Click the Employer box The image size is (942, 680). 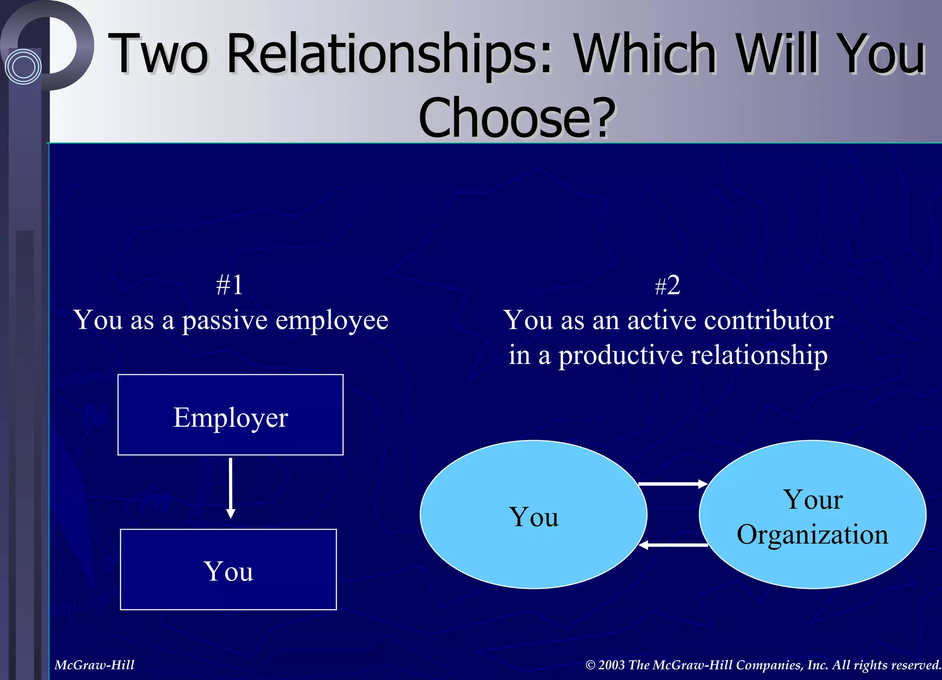click(230, 415)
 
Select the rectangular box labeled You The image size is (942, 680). click(228, 569)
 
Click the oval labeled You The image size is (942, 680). click(534, 514)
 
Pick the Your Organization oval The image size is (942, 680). click(812, 514)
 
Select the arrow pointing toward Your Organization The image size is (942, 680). click(672, 484)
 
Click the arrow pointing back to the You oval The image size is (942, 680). click(672, 545)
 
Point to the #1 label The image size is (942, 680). click(230, 285)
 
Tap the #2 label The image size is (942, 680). click(667, 286)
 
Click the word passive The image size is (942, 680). click(225, 320)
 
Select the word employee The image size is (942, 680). click(332, 320)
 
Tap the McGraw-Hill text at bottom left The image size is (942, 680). click(94, 665)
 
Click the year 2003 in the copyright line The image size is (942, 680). click(612, 665)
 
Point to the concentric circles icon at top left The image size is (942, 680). click(23, 67)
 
